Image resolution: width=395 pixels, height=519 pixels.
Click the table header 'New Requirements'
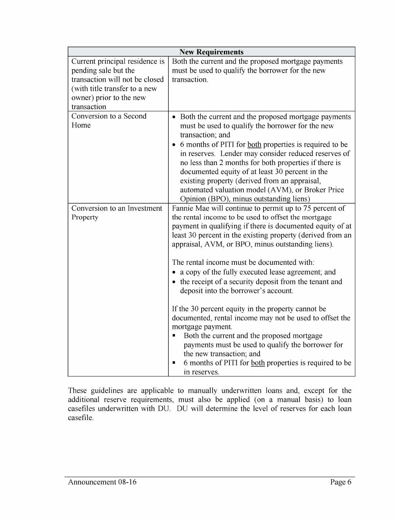pyautogui.click(x=211, y=52)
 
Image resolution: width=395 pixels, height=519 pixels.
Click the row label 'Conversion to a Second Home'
pyautogui.click(x=108, y=120)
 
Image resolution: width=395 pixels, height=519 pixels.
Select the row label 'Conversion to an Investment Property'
pyautogui.click(x=116, y=212)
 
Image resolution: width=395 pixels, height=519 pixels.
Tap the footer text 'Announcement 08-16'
pyautogui.click(x=102, y=482)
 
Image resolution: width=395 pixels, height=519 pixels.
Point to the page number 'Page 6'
pyautogui.click(x=341, y=482)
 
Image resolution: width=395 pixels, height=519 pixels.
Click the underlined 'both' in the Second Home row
pyautogui.click(x=254, y=145)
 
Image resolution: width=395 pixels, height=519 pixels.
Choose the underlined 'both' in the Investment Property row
pyautogui.click(x=258, y=363)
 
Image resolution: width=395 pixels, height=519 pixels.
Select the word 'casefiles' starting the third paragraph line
pyautogui.click(x=82, y=409)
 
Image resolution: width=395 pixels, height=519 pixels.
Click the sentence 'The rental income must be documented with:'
pyautogui.click(x=243, y=262)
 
